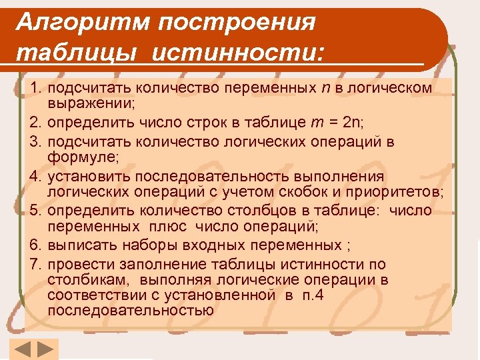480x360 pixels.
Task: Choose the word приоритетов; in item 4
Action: pos(399,193)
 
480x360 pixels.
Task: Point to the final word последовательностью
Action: pos(131,311)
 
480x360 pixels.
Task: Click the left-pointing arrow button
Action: pos(22,349)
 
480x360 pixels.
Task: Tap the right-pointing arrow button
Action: pos(45,349)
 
